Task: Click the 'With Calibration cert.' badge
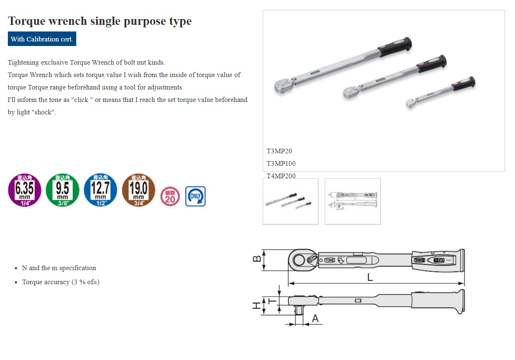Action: tap(42, 39)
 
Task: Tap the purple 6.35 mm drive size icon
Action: tap(25, 190)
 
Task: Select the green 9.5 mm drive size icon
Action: tap(63, 190)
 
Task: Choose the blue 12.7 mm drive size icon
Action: tap(100, 190)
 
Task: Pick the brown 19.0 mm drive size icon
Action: tap(138, 190)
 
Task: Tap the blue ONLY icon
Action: tap(195, 196)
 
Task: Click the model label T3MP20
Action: tap(279, 151)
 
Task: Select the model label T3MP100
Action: tap(281, 164)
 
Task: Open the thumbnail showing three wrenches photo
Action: tap(290, 201)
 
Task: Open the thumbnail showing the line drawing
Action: tap(353, 201)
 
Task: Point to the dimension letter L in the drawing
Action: tap(370, 278)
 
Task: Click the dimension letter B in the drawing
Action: tap(257, 259)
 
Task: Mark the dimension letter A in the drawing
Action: tap(315, 319)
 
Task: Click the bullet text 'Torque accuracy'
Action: tap(61, 282)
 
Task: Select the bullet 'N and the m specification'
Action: tap(59, 268)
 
